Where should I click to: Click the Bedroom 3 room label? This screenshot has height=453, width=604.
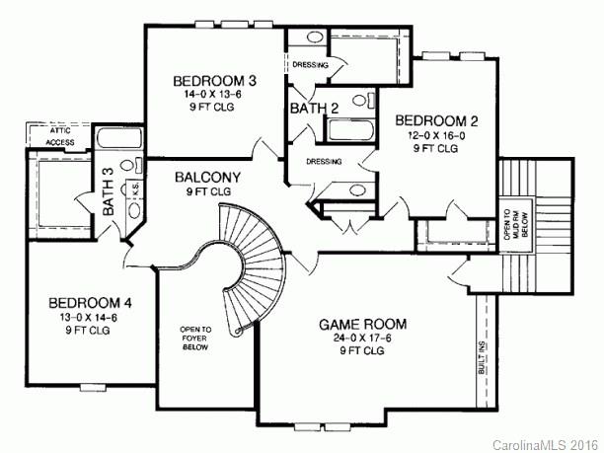pos(215,80)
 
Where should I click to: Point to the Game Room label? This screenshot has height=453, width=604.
pos(362,323)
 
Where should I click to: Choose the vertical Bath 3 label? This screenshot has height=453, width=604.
pos(109,193)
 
